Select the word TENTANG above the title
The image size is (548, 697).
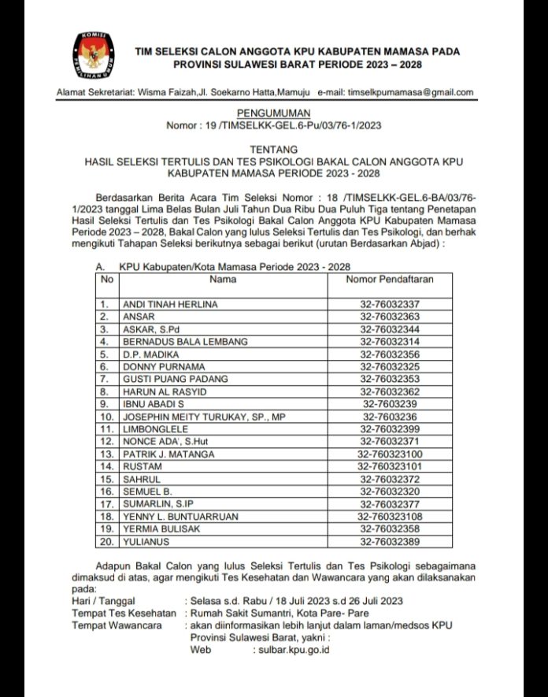point(273,149)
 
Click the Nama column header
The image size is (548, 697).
point(223,279)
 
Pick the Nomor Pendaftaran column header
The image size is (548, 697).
point(390,279)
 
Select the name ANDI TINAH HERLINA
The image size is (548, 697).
point(169,304)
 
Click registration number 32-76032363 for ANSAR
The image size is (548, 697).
point(390,317)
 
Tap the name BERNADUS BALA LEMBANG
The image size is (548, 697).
point(185,342)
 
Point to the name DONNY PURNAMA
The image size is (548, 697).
point(158,367)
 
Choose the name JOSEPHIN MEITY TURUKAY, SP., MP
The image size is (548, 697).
point(202,417)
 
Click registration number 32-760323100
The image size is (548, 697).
point(390,454)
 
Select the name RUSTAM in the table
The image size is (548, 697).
point(142,467)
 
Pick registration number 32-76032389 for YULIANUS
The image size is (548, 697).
point(390,542)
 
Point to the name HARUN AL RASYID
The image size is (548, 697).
point(163,392)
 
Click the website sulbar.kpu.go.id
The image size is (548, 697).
point(294,650)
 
